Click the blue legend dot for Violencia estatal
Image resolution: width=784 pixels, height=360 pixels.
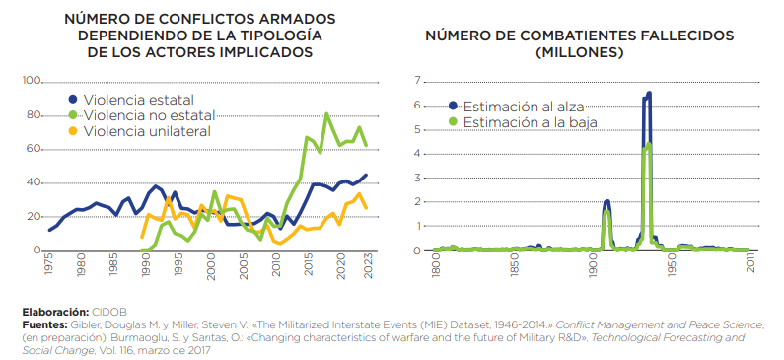73,100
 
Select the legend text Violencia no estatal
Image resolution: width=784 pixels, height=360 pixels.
149,115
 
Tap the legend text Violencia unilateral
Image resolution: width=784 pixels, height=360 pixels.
147,131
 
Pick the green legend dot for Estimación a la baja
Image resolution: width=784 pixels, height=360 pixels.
455,122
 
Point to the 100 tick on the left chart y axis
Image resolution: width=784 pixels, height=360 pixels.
31,81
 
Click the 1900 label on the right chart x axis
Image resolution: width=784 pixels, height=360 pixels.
593,268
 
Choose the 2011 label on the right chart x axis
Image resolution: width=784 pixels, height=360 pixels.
751,268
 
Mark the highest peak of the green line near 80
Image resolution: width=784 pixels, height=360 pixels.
326,114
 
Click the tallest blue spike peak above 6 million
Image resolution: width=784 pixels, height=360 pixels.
649,94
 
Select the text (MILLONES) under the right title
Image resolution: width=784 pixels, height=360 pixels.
580,51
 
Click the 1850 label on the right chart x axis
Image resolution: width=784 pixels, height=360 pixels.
514,268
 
